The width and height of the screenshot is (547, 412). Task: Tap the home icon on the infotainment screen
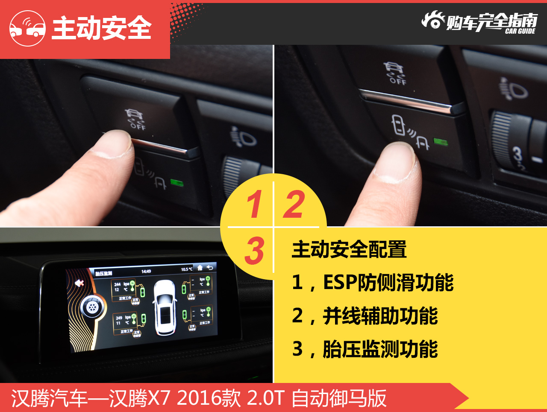point(200,268)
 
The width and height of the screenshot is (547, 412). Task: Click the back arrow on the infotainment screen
point(210,268)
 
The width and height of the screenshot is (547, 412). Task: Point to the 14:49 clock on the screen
point(146,271)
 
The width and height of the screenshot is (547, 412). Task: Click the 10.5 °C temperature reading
point(187,269)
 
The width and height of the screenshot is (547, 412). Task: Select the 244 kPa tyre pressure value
point(118,284)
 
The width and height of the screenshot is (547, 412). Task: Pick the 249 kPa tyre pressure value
point(119,318)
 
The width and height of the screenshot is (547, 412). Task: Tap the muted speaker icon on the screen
point(79,283)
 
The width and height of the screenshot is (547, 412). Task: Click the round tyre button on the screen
point(92,307)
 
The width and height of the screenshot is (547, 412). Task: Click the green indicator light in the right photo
point(440,142)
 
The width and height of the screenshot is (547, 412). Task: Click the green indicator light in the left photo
point(177,183)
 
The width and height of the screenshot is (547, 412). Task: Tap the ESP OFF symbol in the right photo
point(396,73)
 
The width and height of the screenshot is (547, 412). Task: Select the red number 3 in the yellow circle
point(255,251)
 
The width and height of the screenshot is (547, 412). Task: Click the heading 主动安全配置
point(349,249)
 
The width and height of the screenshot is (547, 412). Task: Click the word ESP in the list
point(340,282)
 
